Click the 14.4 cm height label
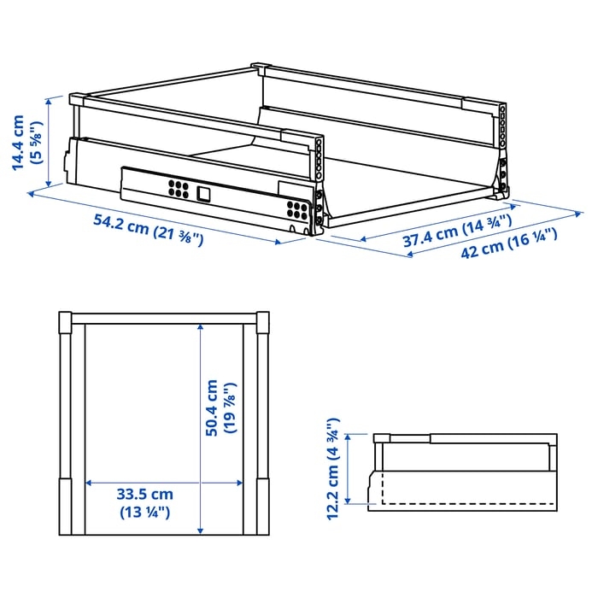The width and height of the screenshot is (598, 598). pyautogui.click(x=18, y=143)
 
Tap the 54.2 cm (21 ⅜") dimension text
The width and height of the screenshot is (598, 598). pyautogui.click(x=149, y=232)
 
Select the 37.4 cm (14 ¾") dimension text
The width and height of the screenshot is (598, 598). pyautogui.click(x=457, y=232)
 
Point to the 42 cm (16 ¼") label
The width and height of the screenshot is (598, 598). pyautogui.click(x=509, y=243)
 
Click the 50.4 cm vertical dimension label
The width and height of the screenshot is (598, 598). pyautogui.click(x=211, y=407)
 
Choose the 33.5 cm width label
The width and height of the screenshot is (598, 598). pyautogui.click(x=145, y=495)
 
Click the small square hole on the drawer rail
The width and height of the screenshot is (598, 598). pyautogui.click(x=203, y=193)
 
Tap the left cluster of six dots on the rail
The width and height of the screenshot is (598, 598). pyautogui.click(x=179, y=189)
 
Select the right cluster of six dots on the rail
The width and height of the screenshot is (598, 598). pyautogui.click(x=298, y=210)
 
